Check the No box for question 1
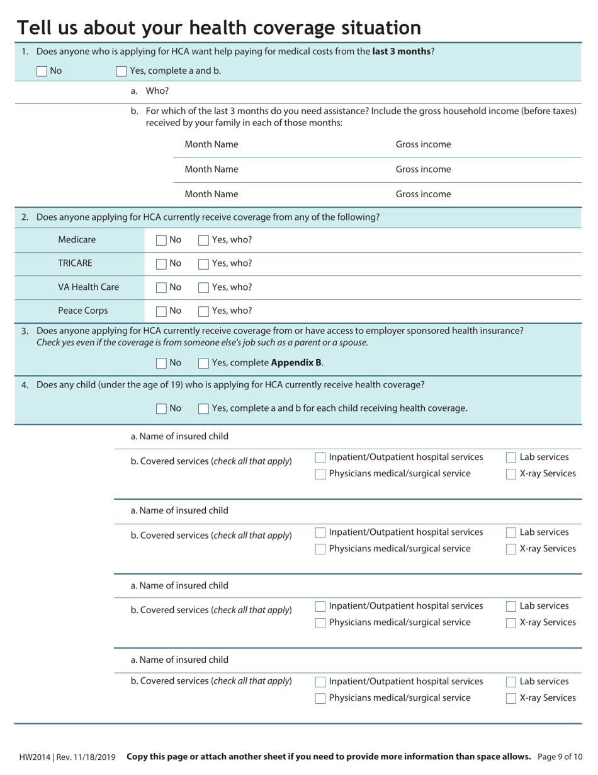coord(42,71)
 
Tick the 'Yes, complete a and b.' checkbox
coord(121,71)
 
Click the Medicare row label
coord(77,239)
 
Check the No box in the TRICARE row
coord(161,263)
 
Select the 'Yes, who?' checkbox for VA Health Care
coord(203,287)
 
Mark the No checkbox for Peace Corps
coord(161,311)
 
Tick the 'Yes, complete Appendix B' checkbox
coord(203,363)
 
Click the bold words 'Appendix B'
coord(296,362)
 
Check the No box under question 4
coord(161,408)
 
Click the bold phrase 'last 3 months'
coord(401,51)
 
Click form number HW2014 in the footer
coord(35,757)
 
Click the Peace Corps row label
coord(82,311)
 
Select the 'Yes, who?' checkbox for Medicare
coord(203,240)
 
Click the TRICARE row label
coord(75,263)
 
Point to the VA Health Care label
coord(88,287)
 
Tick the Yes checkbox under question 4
coord(203,408)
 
